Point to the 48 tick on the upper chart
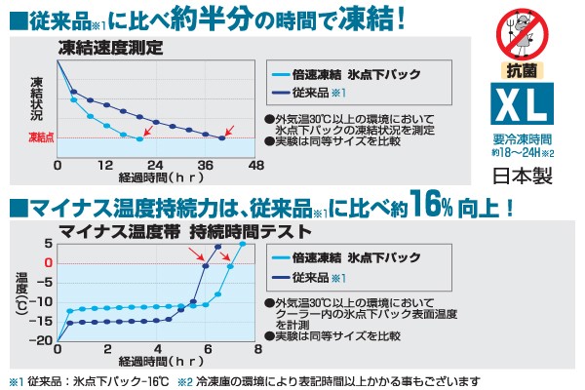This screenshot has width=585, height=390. point(257,166)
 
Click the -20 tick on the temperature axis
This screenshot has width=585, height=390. point(42,340)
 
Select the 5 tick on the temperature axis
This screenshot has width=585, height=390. point(49,243)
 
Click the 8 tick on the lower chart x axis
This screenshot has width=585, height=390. point(257,349)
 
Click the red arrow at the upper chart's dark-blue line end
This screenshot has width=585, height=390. point(230,130)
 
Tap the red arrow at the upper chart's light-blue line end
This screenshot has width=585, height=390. point(147,130)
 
